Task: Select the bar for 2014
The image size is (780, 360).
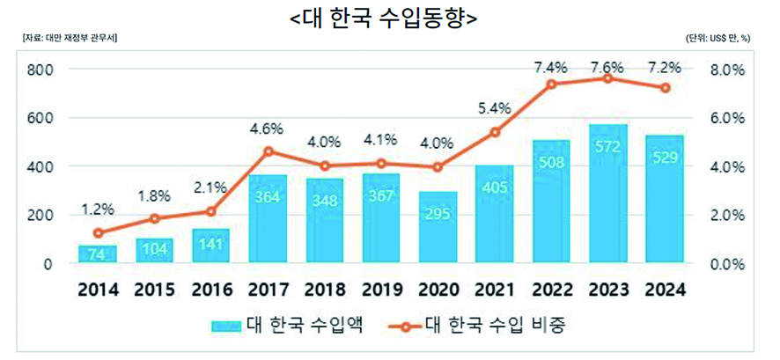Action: tap(98, 253)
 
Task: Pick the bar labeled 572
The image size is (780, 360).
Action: tap(608, 194)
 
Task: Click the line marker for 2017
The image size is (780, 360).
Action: tap(269, 151)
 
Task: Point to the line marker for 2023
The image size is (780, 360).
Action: tap(608, 78)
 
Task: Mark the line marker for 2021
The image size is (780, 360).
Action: tap(495, 132)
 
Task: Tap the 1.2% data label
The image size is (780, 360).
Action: tap(98, 209)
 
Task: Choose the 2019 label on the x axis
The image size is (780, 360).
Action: tap(381, 288)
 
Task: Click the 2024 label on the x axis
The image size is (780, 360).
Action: tap(665, 288)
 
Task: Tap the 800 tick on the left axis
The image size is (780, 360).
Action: tap(41, 70)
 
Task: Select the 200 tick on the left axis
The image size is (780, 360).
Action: tap(41, 215)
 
